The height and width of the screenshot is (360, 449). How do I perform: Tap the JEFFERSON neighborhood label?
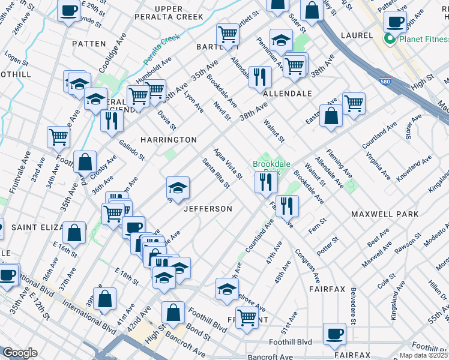click(x=207, y=209)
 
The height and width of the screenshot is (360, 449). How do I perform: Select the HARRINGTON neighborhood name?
click(x=168, y=139)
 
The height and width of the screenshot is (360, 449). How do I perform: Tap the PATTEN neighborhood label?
click(x=89, y=44)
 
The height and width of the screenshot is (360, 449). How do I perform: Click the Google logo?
click(x=19, y=353)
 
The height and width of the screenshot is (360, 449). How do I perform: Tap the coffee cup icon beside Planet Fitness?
click(x=395, y=23)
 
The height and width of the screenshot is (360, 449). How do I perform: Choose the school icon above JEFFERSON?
click(x=178, y=188)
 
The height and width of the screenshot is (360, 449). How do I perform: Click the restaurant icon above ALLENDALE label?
click(x=259, y=76)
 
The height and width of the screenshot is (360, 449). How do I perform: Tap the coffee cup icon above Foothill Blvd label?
click(x=334, y=333)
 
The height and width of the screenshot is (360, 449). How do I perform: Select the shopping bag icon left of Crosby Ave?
click(x=85, y=161)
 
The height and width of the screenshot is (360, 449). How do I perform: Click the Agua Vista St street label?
click(x=228, y=163)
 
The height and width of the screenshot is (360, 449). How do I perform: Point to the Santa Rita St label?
click(x=215, y=173)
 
